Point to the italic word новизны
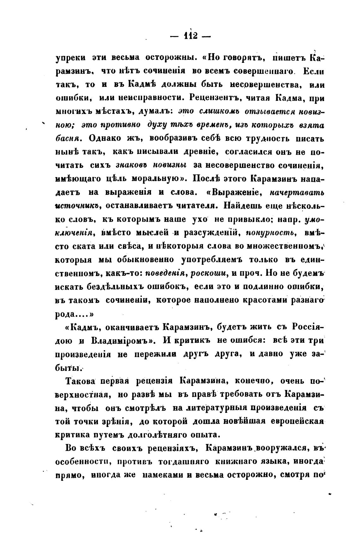point(170,165)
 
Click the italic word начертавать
point(297,192)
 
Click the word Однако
point(107,138)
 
